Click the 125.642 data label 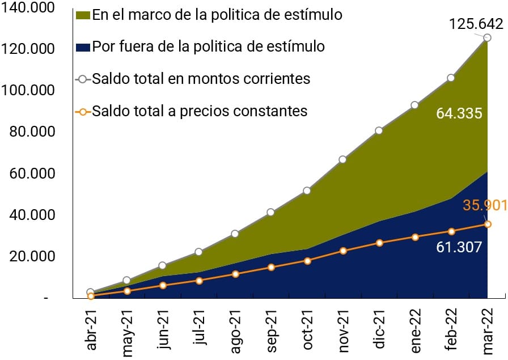[x=476, y=24]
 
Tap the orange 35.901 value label [x=484, y=205]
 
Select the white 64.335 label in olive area [x=459, y=113]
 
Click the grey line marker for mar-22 [x=487, y=38]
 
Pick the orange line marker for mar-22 [x=487, y=225]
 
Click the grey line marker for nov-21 [x=342, y=159]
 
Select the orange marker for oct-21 [x=307, y=261]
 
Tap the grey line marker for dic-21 [x=379, y=130]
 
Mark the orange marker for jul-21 [x=198, y=281]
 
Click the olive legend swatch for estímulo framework [x=82, y=15]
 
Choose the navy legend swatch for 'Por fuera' [x=82, y=46]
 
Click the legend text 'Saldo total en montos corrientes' [x=201, y=78]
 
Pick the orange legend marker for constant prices [x=83, y=111]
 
